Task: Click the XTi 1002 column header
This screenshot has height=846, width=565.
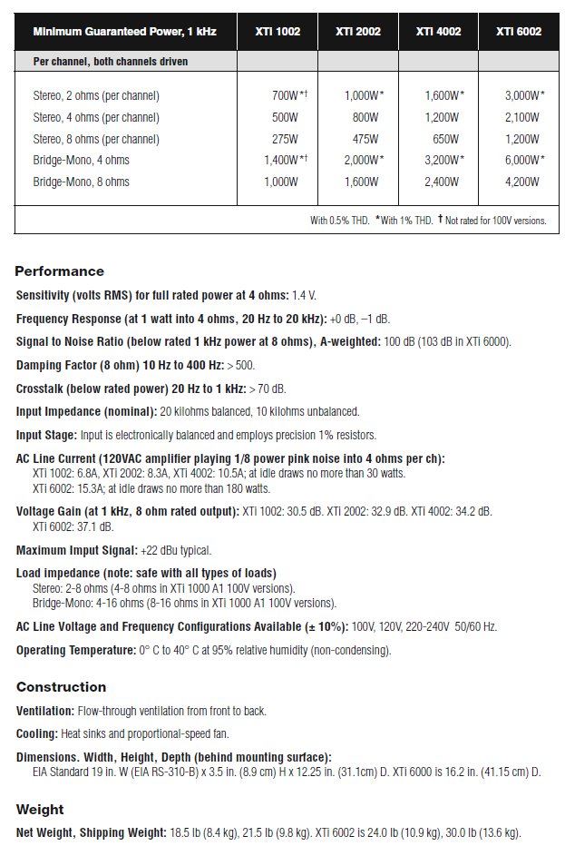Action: (278, 32)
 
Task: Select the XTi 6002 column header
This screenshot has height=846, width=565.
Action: (519, 32)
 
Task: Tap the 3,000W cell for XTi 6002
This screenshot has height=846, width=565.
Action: (524, 96)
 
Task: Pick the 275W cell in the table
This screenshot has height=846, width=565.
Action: (284, 140)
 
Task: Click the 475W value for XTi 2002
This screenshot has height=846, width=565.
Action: (365, 140)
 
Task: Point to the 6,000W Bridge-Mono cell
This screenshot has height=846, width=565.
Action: (524, 161)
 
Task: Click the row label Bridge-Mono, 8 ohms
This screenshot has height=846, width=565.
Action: (81, 182)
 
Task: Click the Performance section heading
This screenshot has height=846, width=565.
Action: (60, 271)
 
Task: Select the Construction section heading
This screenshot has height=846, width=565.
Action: (62, 687)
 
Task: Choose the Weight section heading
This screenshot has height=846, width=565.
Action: (42, 810)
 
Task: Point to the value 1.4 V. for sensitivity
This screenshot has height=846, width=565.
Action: (304, 296)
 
